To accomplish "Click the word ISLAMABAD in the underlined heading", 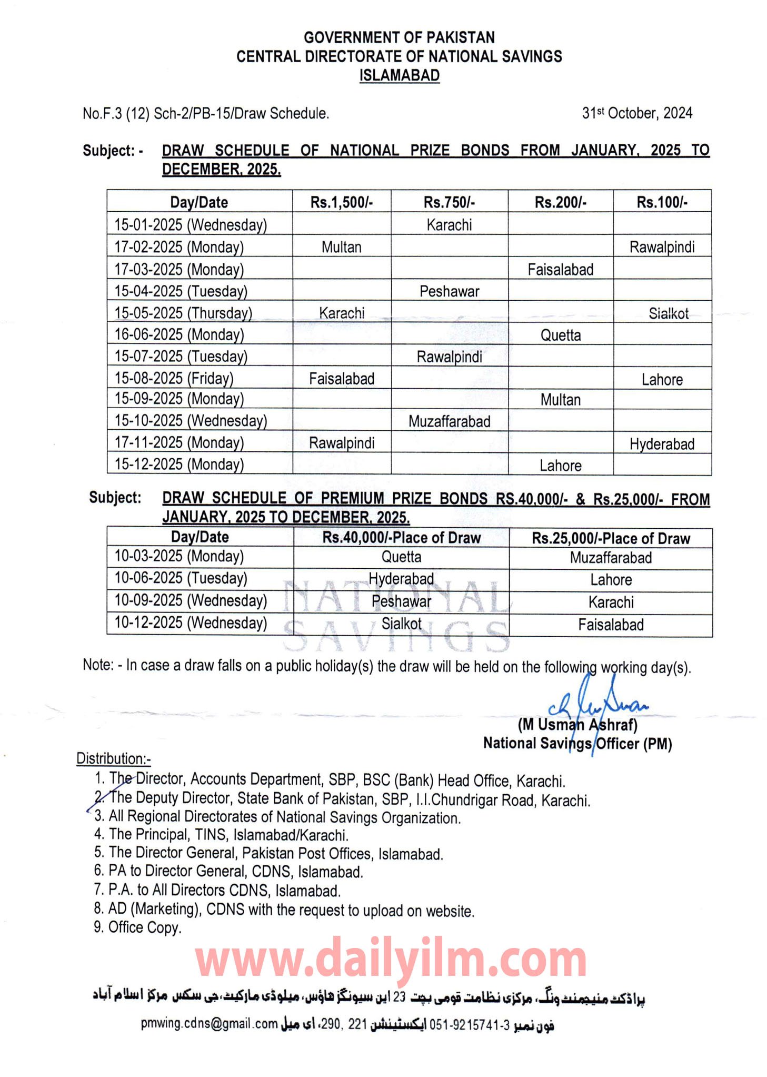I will (399, 75).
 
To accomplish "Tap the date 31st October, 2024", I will (636, 113).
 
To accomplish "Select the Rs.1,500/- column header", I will (341, 202).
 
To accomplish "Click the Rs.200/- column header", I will (560, 202).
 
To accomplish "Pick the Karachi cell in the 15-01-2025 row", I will (449, 225).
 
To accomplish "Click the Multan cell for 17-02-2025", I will (341, 247).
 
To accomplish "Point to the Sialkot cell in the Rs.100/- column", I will (668, 314).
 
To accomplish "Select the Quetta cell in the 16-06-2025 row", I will (560, 335).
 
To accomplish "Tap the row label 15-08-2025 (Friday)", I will (174, 378).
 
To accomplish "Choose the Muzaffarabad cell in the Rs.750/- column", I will (449, 421).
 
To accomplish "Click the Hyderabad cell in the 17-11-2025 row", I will (662, 444).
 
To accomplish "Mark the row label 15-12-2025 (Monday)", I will (179, 464).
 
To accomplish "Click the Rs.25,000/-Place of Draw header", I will (611, 538).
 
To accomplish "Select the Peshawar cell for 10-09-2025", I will (401, 601).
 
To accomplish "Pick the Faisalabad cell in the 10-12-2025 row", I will (611, 625).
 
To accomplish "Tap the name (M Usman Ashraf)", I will (577, 725).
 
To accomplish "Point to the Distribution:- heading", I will (113, 758).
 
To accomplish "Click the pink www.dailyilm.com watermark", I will (391, 960).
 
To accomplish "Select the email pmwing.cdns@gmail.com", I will (209, 1023).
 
